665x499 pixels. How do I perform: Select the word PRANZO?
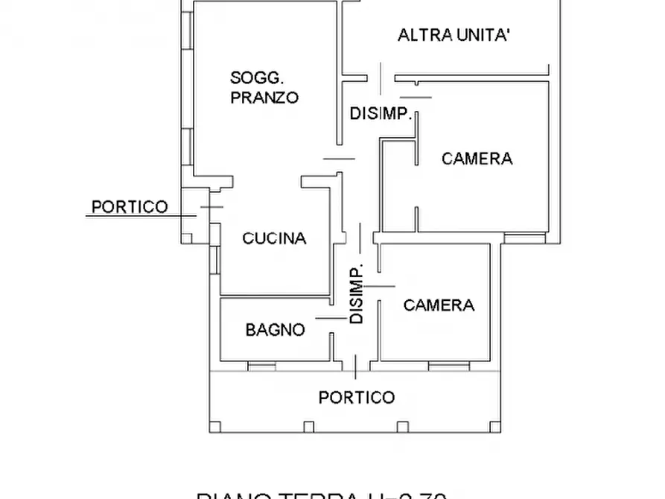tap(264, 97)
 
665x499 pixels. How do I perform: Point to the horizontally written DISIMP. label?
tap(381, 114)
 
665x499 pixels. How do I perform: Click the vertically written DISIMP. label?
tap(357, 293)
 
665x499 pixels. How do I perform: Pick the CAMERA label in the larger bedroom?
tap(477, 158)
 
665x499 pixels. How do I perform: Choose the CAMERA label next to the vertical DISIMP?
tap(439, 305)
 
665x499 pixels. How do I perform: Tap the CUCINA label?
tap(275, 238)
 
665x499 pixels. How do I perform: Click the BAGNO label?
tap(275, 329)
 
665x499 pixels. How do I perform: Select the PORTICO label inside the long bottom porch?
tap(357, 397)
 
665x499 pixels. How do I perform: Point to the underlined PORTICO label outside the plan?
tap(129, 207)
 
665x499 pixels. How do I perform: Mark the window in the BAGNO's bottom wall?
tap(261, 366)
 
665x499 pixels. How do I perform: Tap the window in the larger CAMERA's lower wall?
tap(525, 238)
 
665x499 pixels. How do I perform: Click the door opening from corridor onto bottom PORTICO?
tap(357, 366)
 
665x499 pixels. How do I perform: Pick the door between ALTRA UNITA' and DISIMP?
tap(381, 77)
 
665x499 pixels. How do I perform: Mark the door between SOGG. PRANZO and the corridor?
tap(340, 158)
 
